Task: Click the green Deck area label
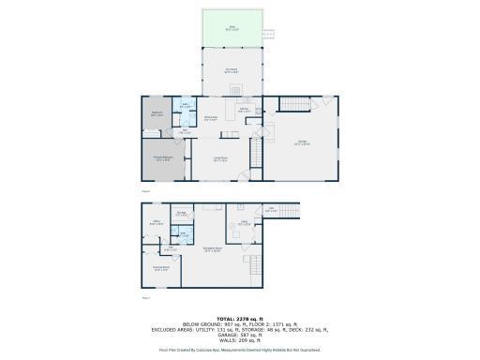coord(231,28)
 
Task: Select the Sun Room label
coord(231,70)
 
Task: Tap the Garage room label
coord(303,143)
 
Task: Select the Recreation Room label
coord(213,249)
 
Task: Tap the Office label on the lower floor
coord(157,223)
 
